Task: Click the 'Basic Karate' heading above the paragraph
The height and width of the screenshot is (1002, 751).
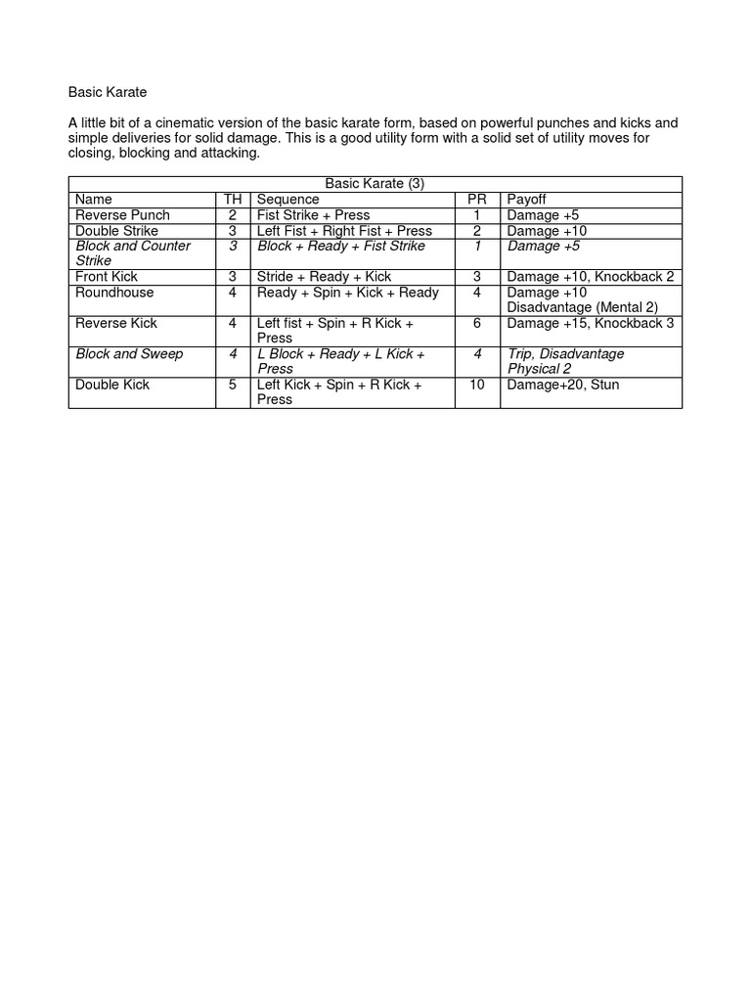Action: point(107,92)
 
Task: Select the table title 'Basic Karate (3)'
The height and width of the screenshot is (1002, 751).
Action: point(375,184)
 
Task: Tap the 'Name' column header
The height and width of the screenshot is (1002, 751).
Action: point(94,200)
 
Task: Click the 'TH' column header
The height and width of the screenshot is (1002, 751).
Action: point(233,200)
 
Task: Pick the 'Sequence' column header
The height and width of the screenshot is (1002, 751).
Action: point(287,200)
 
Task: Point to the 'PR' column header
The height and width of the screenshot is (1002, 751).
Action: point(477,200)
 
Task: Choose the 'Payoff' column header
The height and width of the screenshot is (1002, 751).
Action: point(526,200)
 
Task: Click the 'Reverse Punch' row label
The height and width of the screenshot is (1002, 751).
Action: point(122,215)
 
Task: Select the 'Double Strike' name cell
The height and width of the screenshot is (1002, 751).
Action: point(116,231)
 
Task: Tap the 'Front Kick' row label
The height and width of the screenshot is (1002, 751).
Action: point(107,277)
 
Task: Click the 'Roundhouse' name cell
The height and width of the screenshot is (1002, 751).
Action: point(114,293)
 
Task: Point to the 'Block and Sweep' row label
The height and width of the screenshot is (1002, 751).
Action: point(129,354)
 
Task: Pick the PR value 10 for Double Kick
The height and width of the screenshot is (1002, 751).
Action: point(477,385)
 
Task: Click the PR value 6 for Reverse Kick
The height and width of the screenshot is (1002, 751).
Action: point(477,323)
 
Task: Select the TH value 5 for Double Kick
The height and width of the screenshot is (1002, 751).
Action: point(233,385)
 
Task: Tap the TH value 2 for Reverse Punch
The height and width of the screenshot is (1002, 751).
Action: point(233,215)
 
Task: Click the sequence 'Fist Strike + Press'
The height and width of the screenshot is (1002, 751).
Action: point(313,215)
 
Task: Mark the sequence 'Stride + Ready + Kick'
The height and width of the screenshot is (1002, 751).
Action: point(324,277)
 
